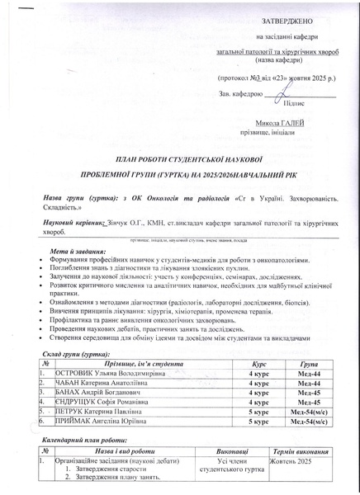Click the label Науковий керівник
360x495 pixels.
[73, 224]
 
